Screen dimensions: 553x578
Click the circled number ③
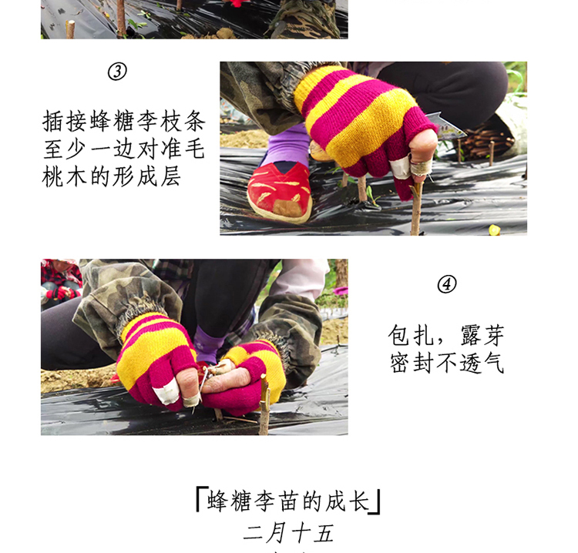click(117, 72)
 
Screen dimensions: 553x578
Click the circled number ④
click(447, 284)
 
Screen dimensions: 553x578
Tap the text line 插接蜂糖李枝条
click(123, 122)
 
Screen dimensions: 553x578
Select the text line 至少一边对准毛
click(123, 149)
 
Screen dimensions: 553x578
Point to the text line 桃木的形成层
click(113, 175)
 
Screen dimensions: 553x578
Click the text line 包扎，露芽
click(446, 335)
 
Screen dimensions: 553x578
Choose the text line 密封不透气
click(446, 362)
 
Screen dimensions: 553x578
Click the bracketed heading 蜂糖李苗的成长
click(288, 501)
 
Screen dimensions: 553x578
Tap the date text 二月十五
click(288, 533)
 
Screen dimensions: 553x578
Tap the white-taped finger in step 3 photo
click(400, 166)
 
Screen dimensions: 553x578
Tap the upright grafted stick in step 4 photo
click(264, 404)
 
